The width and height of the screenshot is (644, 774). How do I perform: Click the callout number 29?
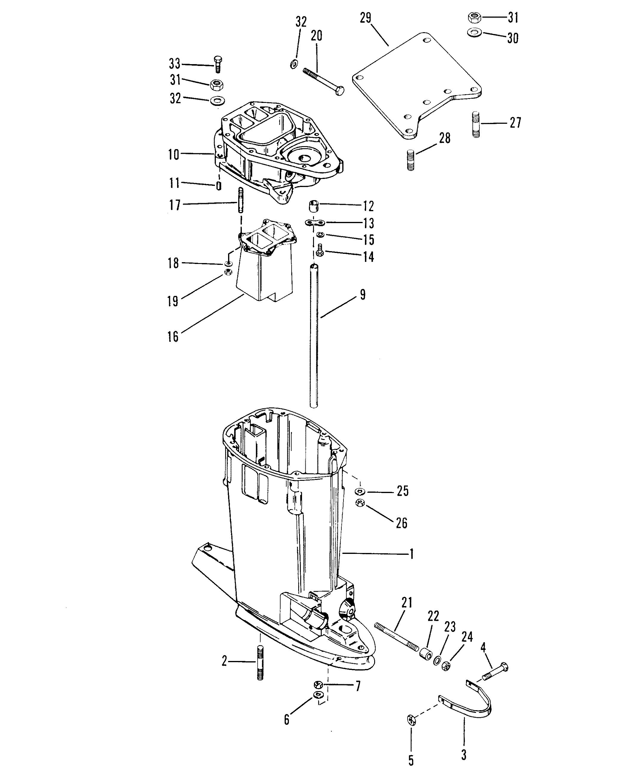(366, 18)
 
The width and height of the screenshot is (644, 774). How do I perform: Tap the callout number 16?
(173, 336)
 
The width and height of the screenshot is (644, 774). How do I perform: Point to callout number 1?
(411, 564)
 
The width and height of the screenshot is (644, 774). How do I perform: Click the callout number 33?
(175, 64)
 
